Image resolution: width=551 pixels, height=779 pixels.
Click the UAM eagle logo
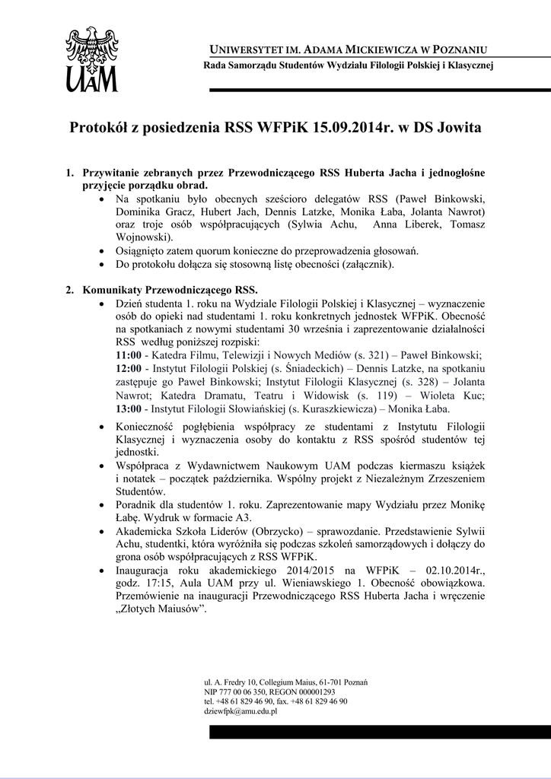tap(92, 59)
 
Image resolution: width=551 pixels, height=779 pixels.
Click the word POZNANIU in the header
tap(459, 49)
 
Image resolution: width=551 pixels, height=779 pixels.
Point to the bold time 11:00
tap(127, 354)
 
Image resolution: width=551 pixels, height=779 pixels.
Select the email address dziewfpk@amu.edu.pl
tap(240, 711)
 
